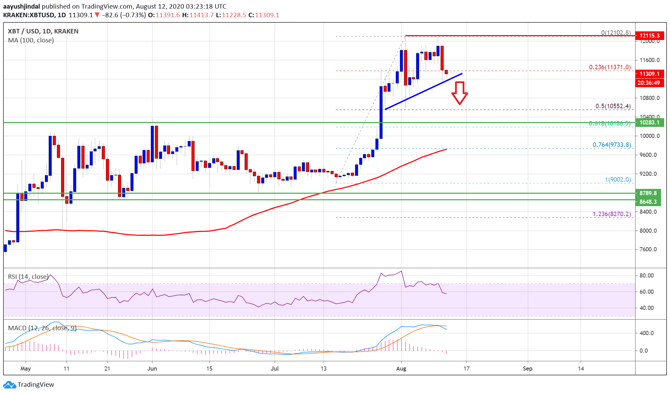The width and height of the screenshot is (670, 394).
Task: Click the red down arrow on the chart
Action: pos(460,93)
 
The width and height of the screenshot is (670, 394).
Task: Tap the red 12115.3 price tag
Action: pos(650,36)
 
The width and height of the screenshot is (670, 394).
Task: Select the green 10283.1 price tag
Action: pos(650,122)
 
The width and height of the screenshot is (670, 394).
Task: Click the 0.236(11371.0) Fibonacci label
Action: pos(610,67)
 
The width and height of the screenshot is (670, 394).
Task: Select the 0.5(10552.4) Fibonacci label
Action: pos(613,106)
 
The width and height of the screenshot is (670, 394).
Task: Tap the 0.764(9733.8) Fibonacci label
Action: pos(612,145)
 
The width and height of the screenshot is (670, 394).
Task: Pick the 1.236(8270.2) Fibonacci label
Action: pos(612,214)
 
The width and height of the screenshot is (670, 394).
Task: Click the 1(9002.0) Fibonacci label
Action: pos(618,180)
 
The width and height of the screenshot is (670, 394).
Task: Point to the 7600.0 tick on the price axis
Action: pos(650,249)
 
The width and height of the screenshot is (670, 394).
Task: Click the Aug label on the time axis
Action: pos(401,368)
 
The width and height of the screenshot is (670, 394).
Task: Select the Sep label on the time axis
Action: pos(528,368)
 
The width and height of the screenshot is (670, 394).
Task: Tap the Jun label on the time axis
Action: pos(152,368)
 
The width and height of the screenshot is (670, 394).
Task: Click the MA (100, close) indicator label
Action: pos(31,40)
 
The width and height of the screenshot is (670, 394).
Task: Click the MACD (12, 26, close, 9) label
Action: pos(42,328)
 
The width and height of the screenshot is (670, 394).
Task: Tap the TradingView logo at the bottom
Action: pos(29,384)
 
